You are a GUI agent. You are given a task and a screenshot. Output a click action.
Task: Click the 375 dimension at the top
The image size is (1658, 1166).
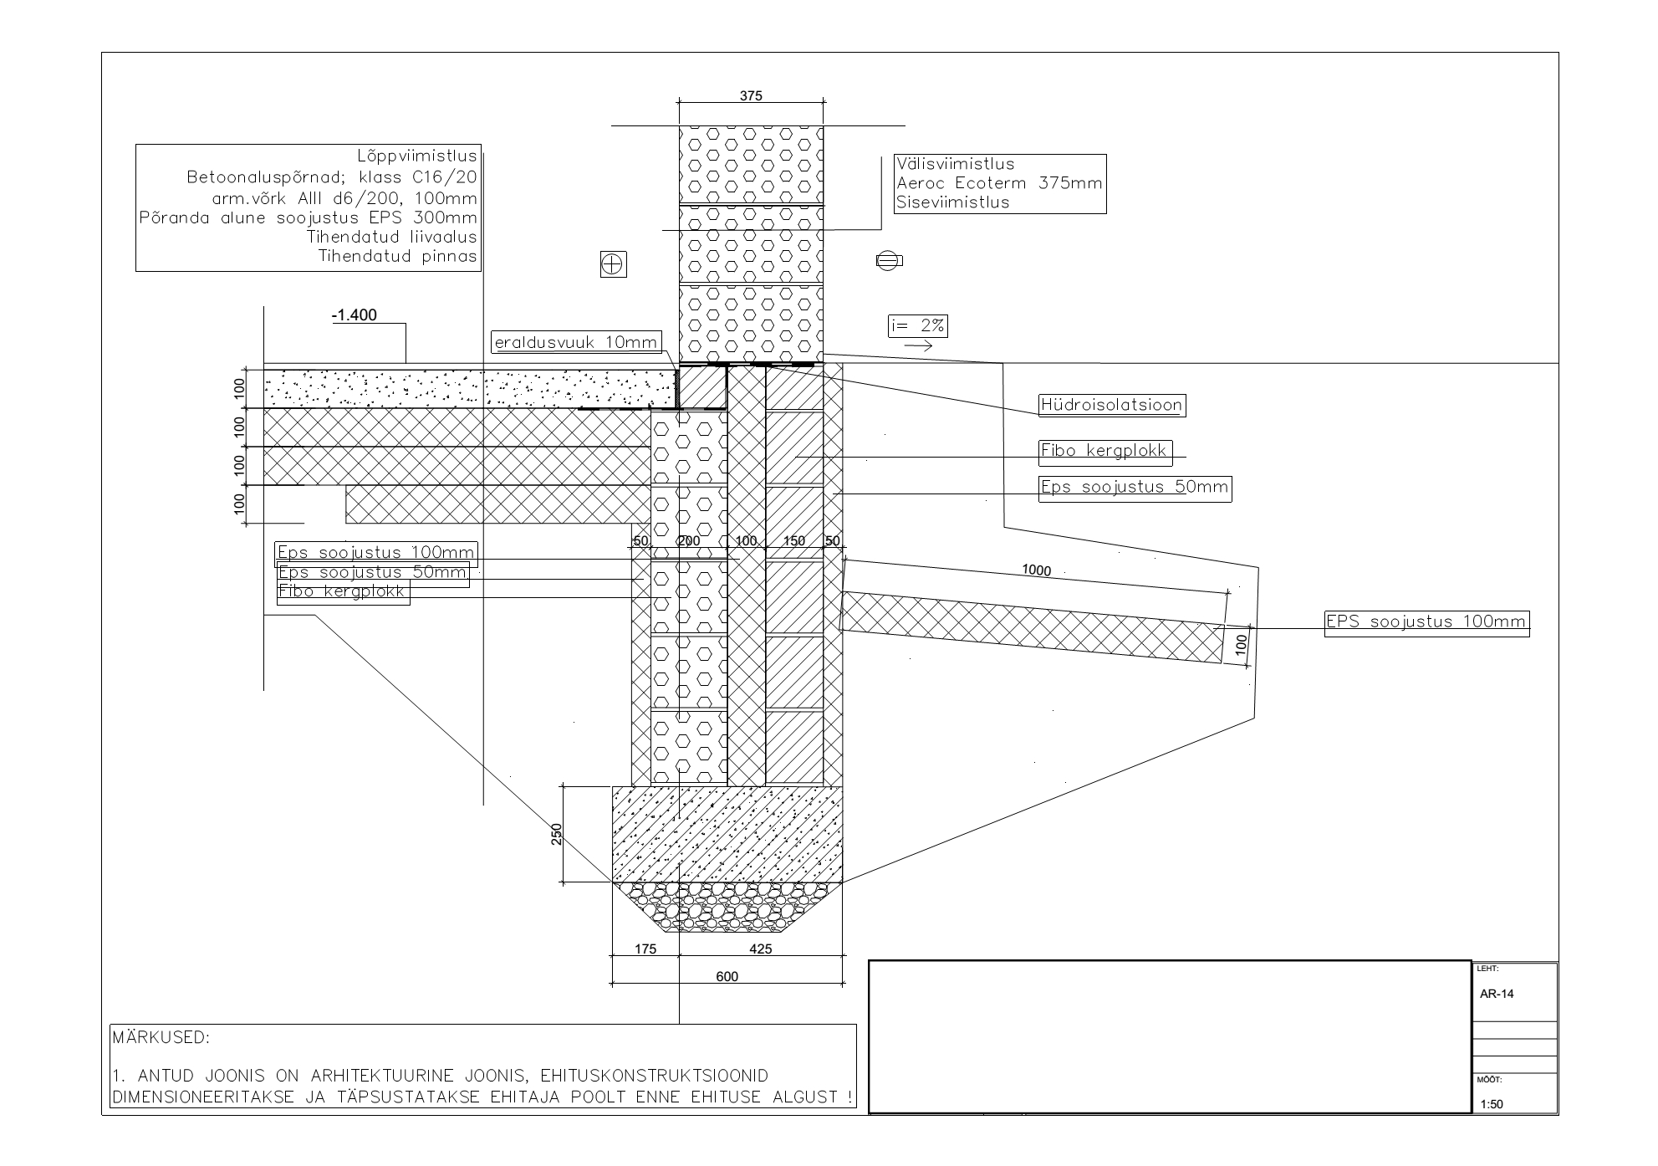pos(751,96)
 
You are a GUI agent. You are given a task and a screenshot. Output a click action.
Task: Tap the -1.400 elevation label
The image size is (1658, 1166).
pos(355,315)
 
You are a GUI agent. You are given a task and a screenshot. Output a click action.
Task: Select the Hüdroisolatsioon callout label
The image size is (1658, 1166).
pos(1111,406)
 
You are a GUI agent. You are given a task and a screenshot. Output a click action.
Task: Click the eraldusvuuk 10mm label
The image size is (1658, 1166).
pos(576,342)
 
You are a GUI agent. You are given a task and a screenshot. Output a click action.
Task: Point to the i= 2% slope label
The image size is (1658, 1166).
pos(917,326)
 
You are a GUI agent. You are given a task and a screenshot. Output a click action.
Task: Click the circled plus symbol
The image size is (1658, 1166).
pos(614,264)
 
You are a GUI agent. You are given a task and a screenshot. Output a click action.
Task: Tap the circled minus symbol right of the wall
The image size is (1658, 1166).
pos(889,261)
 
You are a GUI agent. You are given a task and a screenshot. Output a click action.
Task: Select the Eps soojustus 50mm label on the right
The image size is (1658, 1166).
pos(1135,487)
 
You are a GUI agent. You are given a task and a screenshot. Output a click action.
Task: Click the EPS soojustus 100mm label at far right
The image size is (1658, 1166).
pos(1426,621)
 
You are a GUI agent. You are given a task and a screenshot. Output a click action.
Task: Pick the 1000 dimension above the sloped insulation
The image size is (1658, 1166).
pos(1036,570)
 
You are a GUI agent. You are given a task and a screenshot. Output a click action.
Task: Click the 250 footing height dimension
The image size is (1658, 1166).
pos(557,834)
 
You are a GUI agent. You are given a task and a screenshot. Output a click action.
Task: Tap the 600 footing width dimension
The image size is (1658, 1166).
pos(727,976)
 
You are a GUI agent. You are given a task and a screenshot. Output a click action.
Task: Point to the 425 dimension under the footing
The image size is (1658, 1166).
pos(760,949)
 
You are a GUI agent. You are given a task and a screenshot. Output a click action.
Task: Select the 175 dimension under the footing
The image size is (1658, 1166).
pos(645,949)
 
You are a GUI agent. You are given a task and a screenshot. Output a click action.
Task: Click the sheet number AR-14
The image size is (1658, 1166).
pos(1497,995)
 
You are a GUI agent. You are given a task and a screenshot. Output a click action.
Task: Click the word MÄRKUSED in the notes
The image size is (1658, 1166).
pos(161,1038)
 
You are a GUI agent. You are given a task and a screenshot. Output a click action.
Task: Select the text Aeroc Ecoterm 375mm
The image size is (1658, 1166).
pos(998,183)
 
